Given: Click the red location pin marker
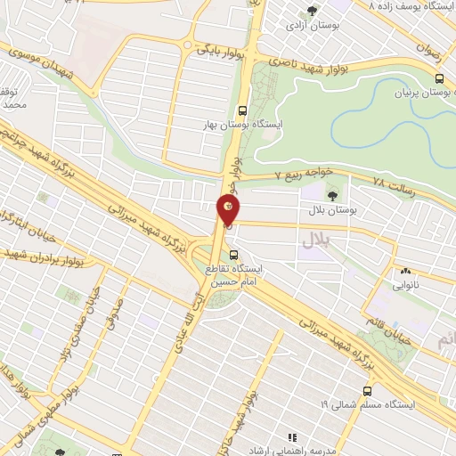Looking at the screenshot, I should pos(228,211).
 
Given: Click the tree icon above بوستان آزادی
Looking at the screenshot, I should pos(312,10).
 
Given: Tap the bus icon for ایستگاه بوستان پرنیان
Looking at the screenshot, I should pos(437,78).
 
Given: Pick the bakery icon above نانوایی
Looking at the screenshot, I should pos(406,272).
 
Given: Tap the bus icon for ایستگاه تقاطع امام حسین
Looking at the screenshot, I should pos(233,254).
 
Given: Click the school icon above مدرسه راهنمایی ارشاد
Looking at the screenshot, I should pos(290,436).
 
